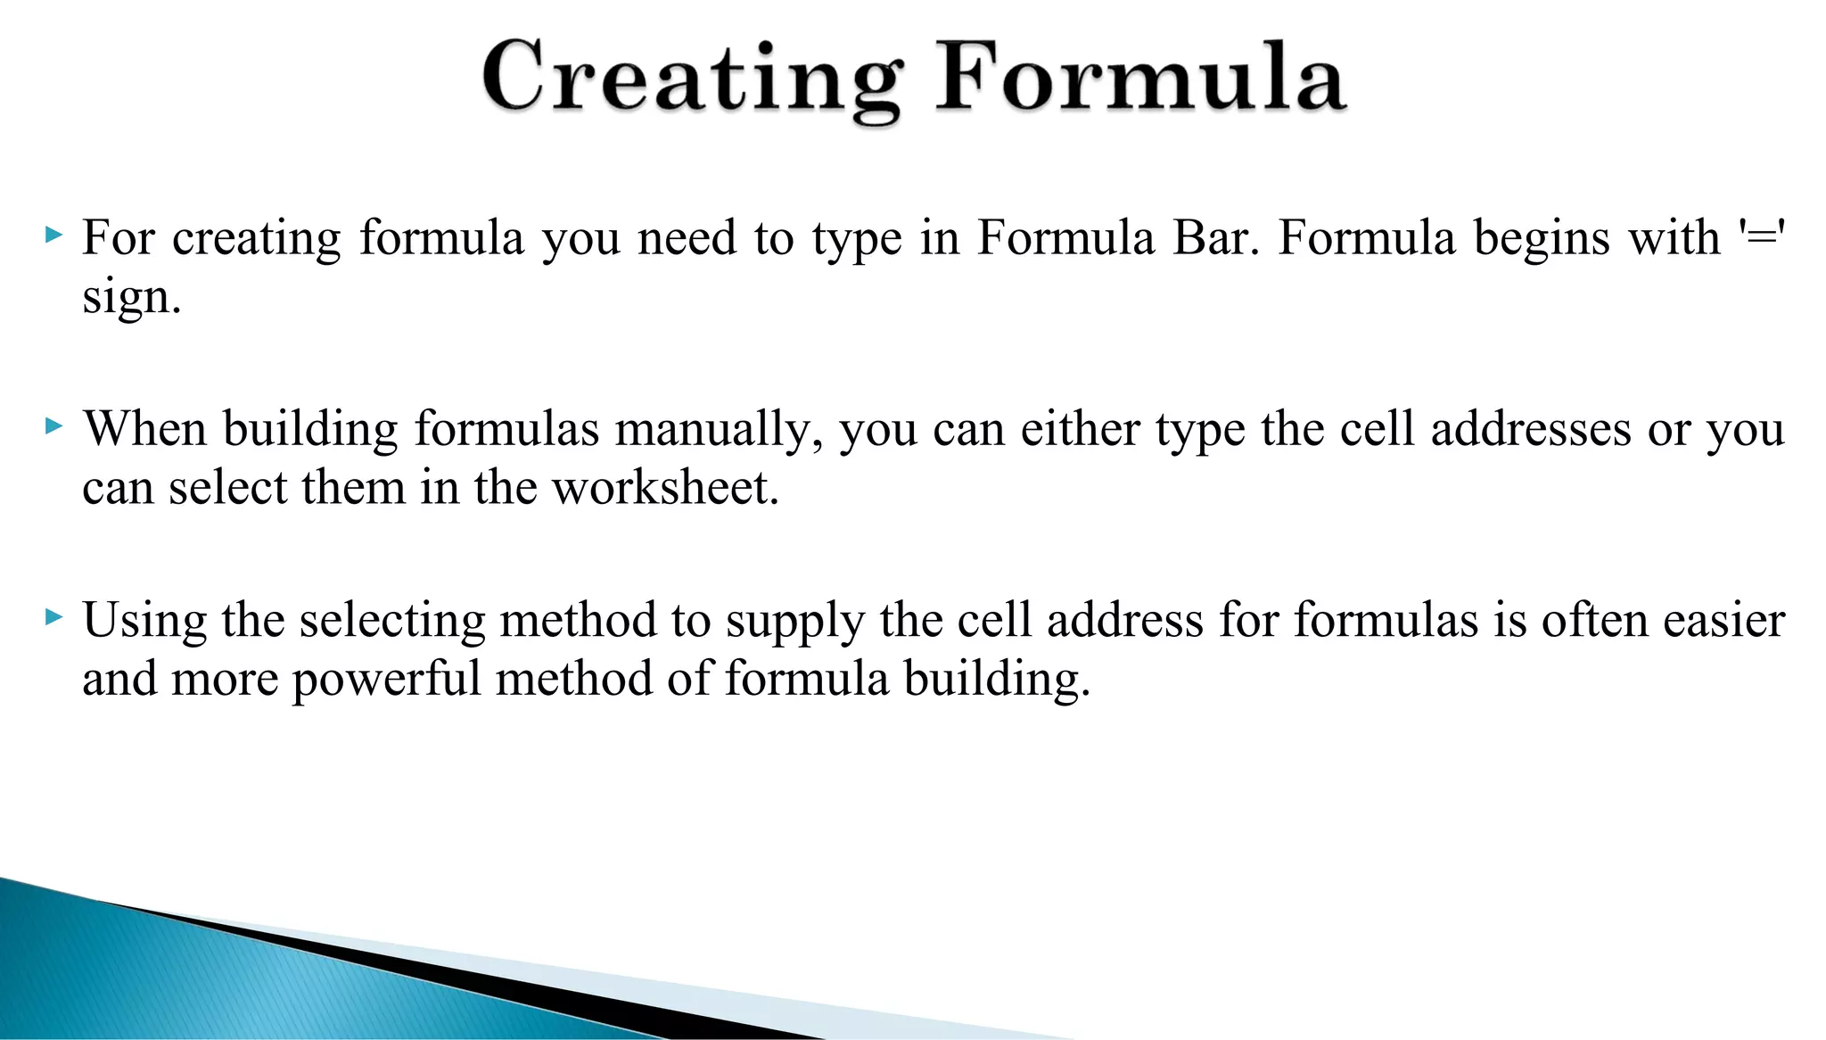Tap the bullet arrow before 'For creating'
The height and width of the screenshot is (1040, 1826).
coord(53,236)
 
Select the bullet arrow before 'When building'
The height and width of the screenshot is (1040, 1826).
coord(53,427)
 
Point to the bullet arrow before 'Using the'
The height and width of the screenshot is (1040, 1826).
coord(53,617)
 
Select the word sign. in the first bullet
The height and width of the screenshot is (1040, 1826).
coord(131,298)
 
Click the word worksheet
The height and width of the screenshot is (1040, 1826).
coord(665,489)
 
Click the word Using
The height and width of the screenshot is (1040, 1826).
coord(144,621)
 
